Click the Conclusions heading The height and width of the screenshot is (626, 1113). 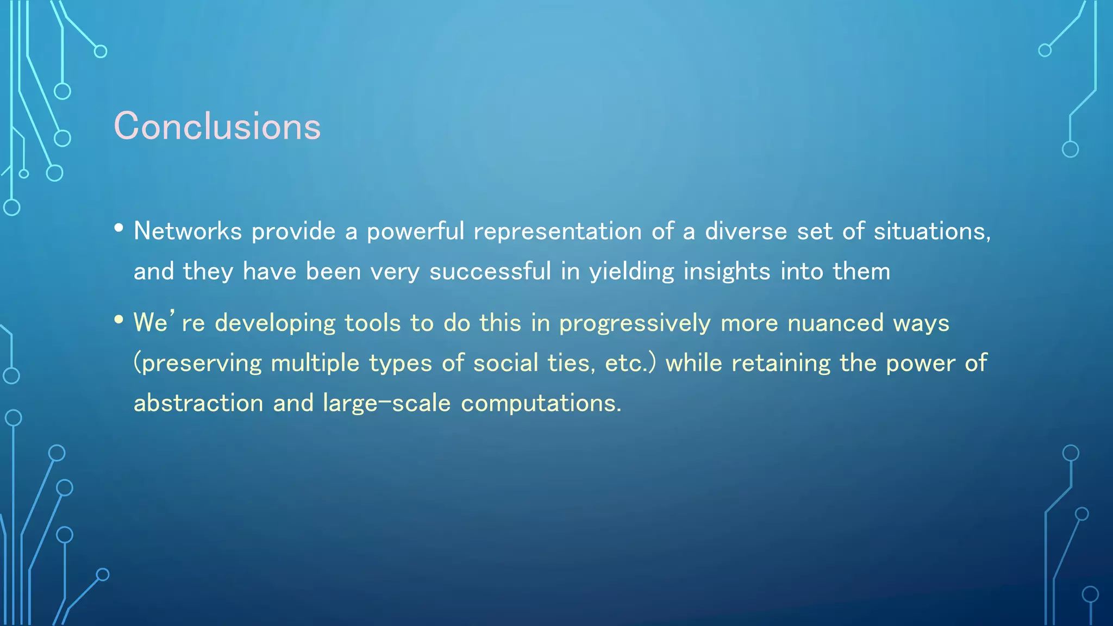pos(217,126)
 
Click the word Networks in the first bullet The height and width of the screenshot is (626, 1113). pos(187,231)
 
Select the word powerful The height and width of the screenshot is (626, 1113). pos(415,231)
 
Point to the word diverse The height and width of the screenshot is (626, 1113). pos(746,231)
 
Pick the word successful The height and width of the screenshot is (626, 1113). pos(490,271)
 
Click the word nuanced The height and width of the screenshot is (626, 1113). pos(835,323)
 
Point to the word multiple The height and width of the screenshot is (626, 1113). pos(315,363)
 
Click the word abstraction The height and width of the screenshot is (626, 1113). pos(198,403)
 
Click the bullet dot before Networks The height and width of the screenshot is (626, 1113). pos(119,228)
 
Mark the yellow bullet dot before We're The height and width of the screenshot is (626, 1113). pos(119,320)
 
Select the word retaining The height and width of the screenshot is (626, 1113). pos(780,363)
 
